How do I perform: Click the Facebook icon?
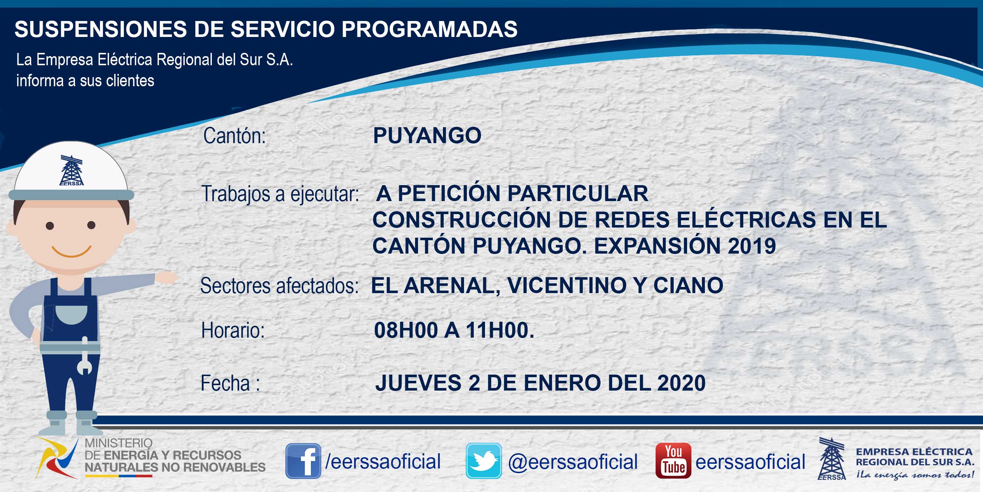303,461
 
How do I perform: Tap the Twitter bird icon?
484,461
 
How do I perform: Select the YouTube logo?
673,461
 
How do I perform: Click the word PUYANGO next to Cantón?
427,135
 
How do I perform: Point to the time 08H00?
406,330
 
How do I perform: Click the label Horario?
233,330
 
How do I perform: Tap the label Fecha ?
230,383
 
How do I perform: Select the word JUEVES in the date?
418,383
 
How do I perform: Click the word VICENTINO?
567,285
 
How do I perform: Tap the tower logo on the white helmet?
71,170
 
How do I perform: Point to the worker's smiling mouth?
71,251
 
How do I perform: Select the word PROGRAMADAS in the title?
429,29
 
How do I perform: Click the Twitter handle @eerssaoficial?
573,462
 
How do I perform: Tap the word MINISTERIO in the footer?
118,443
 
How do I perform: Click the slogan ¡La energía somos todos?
915,475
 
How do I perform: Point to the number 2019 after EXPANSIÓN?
752,245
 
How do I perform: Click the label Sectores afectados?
279,285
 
